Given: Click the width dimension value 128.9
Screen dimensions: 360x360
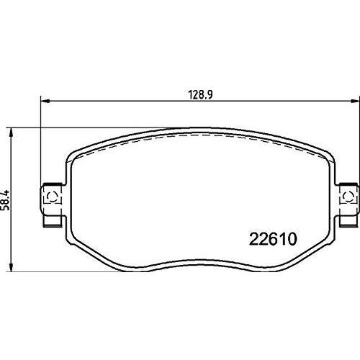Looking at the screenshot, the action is (200, 95).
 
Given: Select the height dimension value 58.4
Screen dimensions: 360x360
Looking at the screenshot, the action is (5, 200).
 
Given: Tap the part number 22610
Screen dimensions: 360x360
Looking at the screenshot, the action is (273, 239).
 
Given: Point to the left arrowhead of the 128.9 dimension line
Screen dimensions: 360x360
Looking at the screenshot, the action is (45, 102).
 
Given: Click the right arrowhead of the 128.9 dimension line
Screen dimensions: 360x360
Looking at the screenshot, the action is (355, 102).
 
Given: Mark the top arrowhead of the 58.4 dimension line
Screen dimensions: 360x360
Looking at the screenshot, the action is (11, 132).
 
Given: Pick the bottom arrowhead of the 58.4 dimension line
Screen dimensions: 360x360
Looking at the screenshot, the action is (11, 267).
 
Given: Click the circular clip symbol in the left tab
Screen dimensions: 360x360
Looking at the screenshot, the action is (53, 197).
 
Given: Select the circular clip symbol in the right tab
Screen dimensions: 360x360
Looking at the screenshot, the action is (348, 197).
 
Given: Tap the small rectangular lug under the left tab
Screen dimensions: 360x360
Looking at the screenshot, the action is (51, 221).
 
